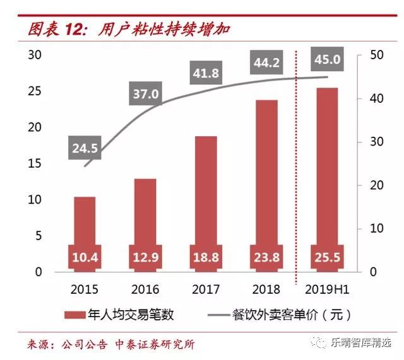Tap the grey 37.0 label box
click(146, 95)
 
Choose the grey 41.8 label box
click(206, 74)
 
